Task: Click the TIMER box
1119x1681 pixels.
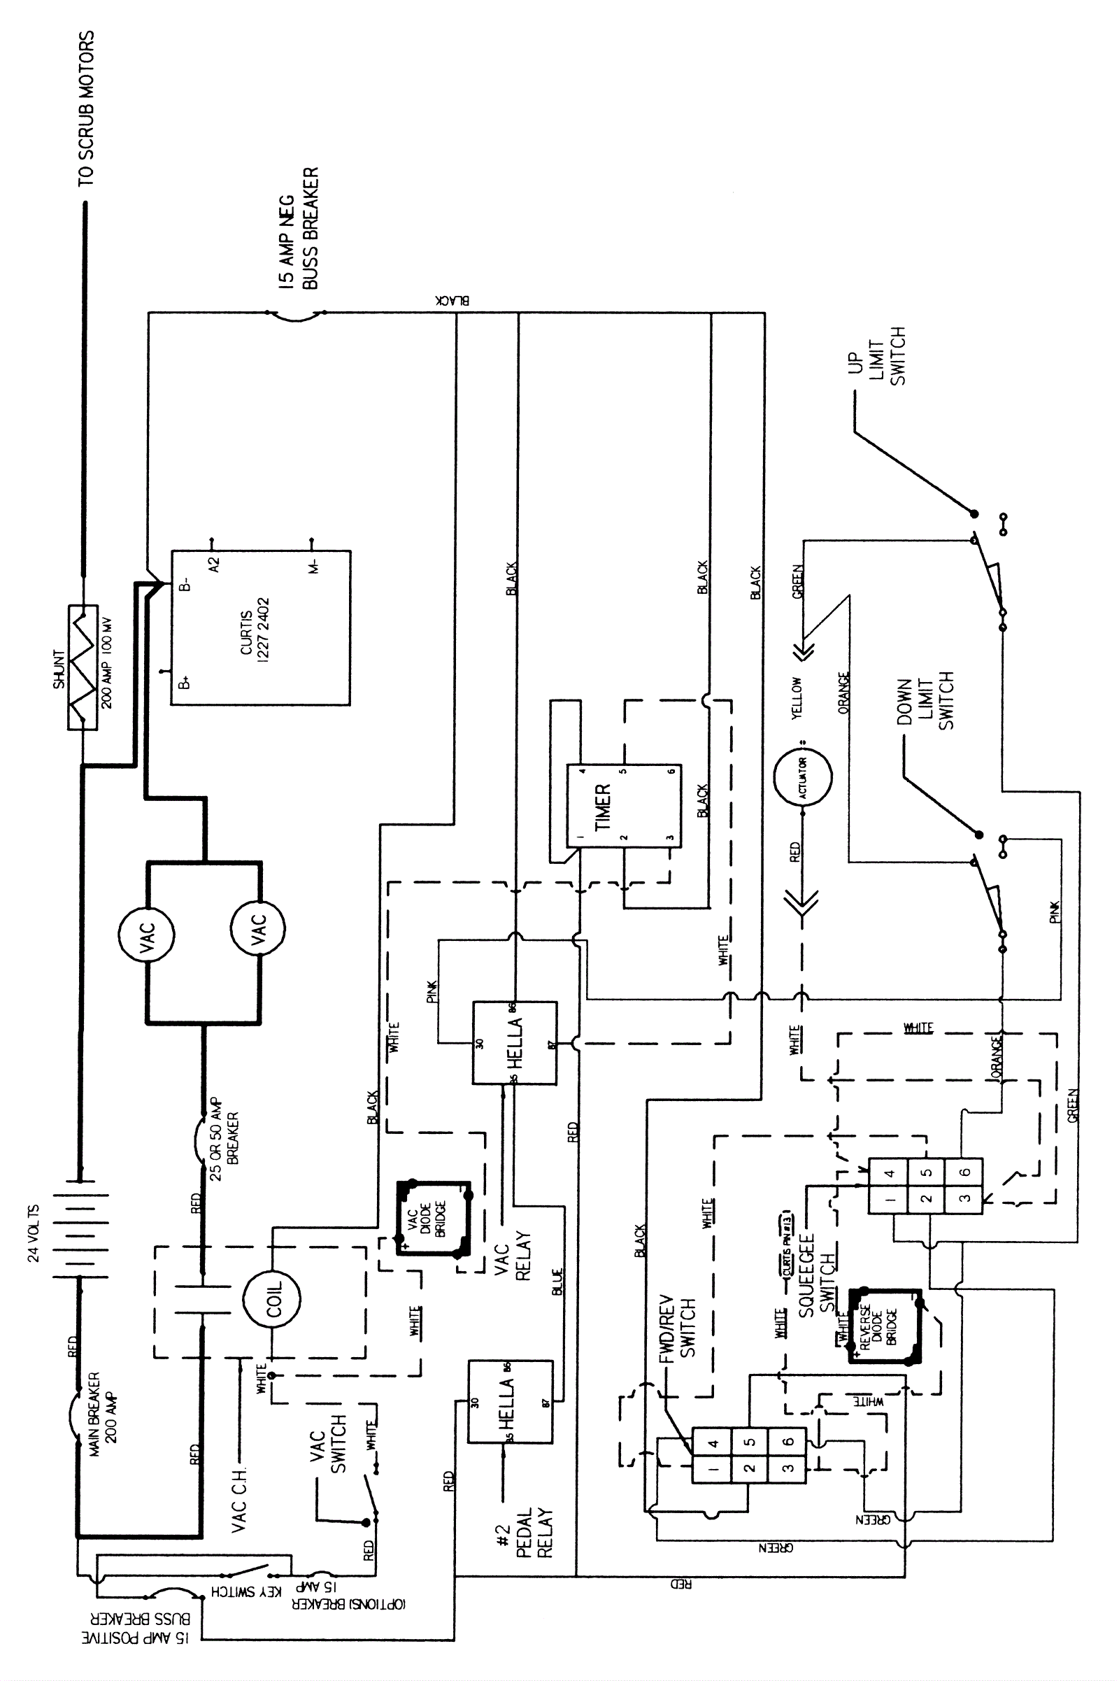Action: point(624,806)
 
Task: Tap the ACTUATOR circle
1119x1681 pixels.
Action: point(803,777)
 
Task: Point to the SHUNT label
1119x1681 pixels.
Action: point(59,669)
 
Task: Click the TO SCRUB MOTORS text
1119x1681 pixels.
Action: point(85,108)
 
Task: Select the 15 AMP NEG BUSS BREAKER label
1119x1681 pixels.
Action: point(299,229)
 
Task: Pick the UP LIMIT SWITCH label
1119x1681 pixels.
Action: point(876,356)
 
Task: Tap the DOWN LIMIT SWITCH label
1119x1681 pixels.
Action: point(925,704)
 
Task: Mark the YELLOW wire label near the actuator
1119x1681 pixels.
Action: point(797,698)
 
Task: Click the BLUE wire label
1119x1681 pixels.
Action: point(557,1282)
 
